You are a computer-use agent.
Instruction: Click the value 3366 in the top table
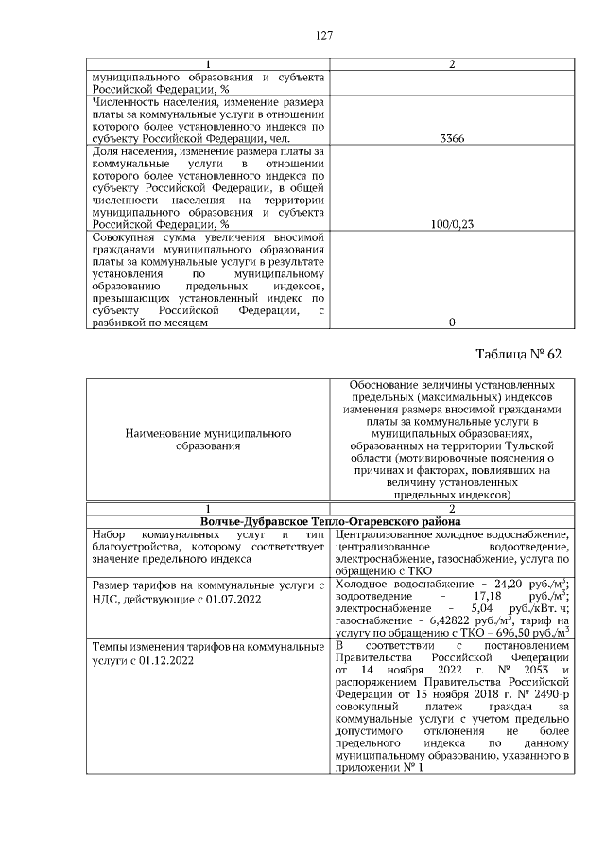(452, 138)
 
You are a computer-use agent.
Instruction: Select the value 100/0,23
(452, 225)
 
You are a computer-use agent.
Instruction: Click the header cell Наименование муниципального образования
(208, 439)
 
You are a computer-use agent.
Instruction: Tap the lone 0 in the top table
(452, 323)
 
